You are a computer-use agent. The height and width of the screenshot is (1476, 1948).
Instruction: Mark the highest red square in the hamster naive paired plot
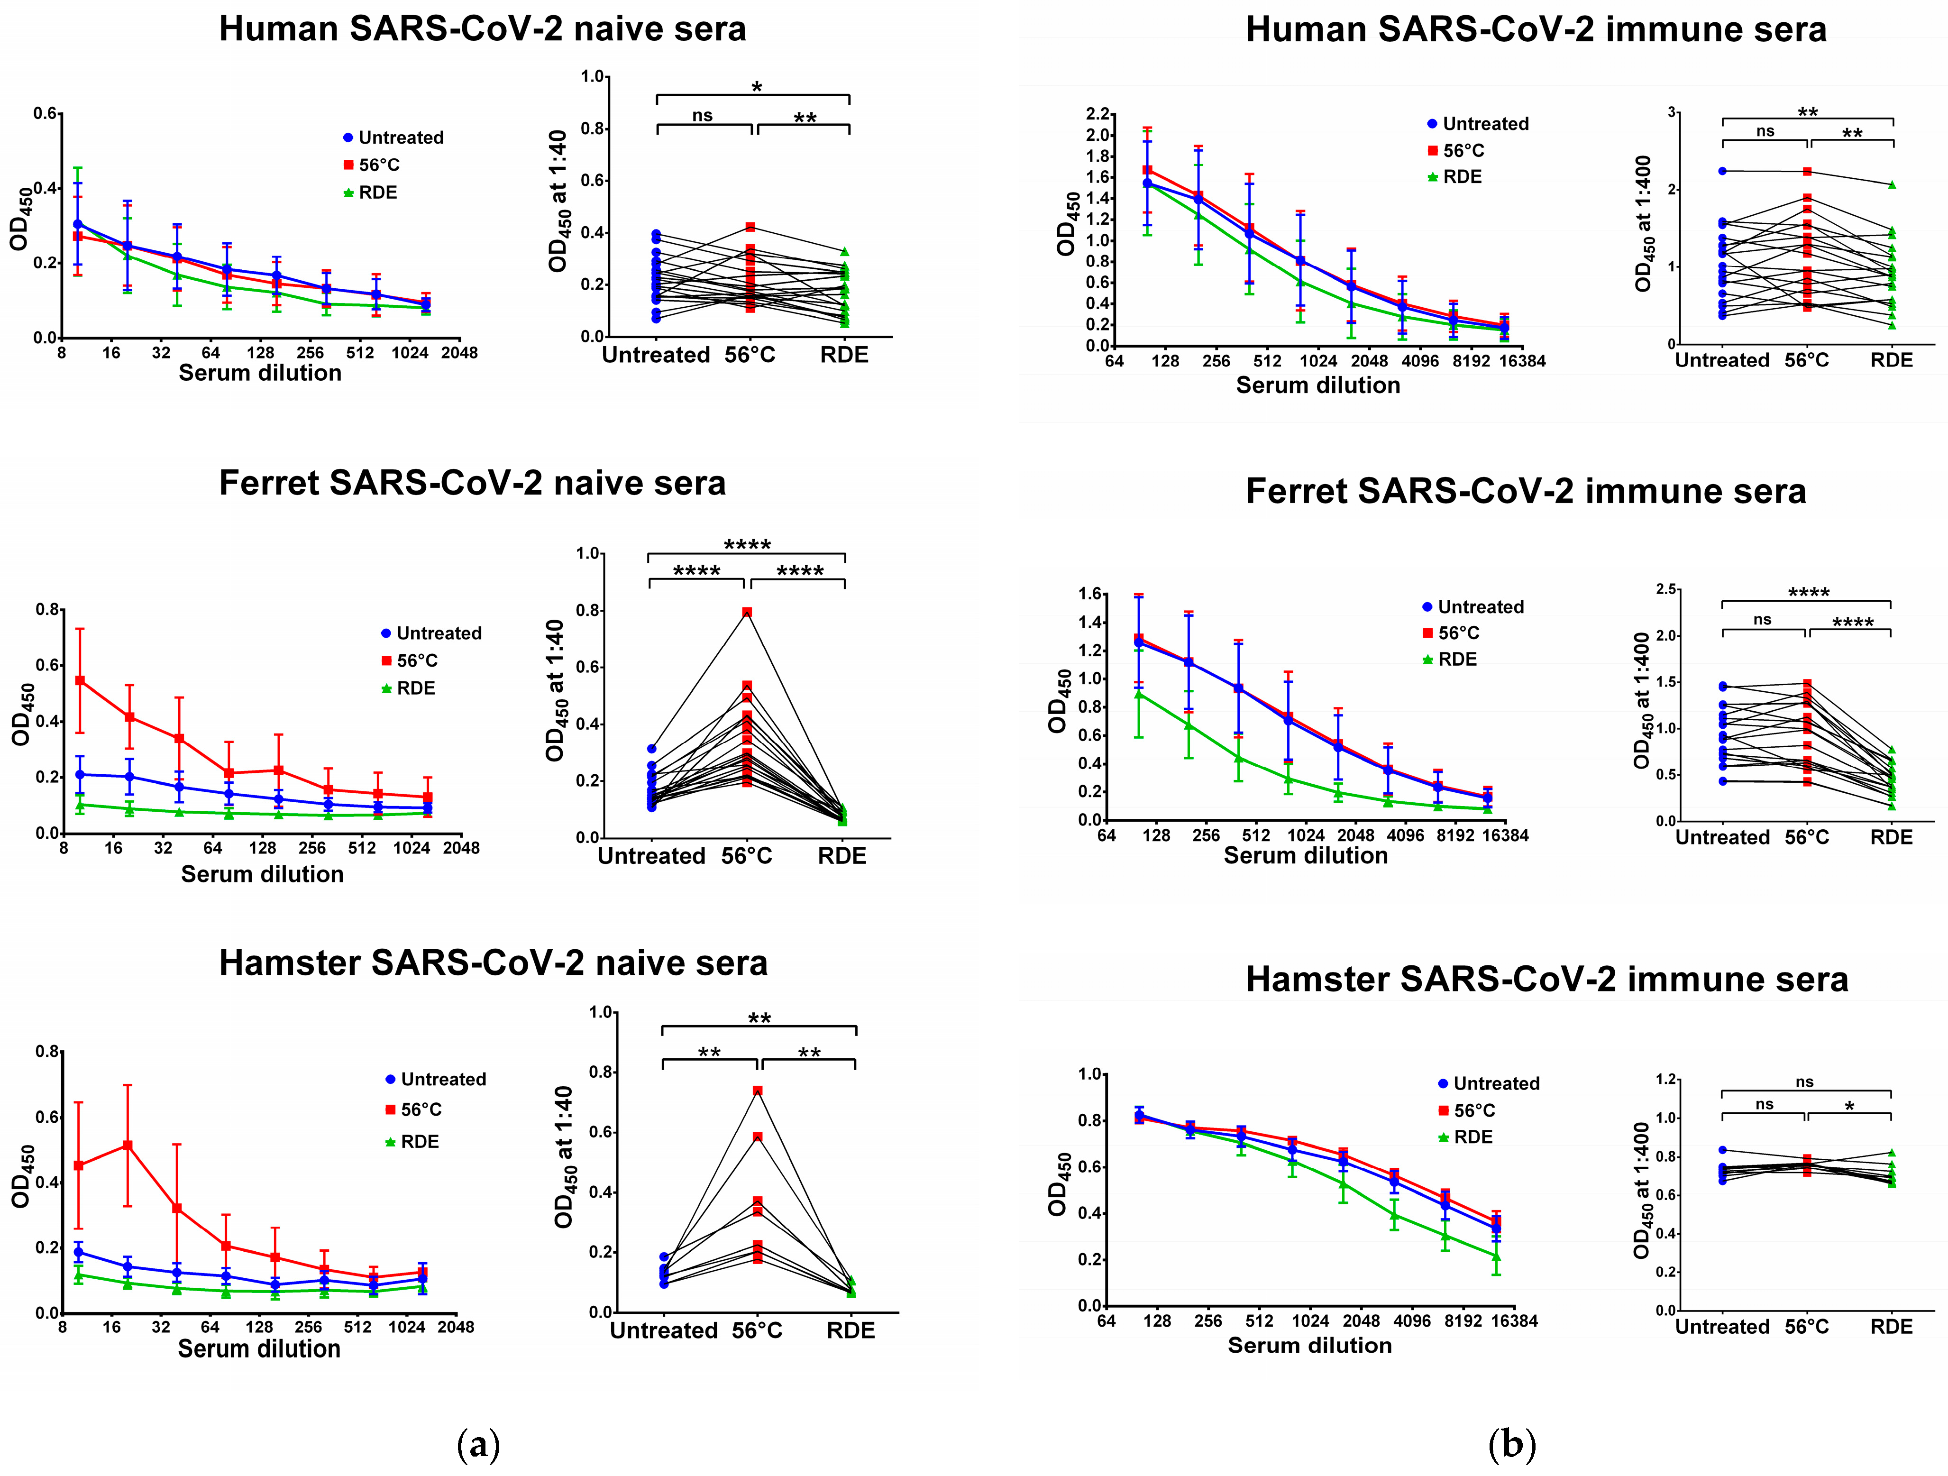[x=758, y=1090]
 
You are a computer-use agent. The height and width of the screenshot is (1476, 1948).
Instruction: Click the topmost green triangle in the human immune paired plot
[x=1892, y=185]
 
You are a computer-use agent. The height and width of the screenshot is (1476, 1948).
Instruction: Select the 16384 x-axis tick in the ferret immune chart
[x=1504, y=835]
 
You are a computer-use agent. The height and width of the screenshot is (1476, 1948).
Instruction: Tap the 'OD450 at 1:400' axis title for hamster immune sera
[x=1642, y=1191]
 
